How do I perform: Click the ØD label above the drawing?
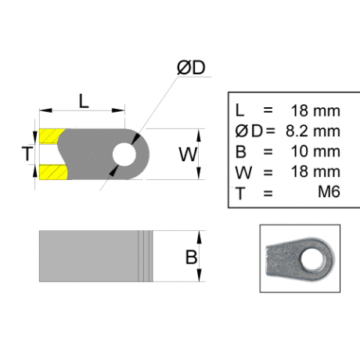coord(191,68)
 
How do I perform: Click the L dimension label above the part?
coord(84,101)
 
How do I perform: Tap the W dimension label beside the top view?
coord(188,154)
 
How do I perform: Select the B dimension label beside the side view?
coord(191,257)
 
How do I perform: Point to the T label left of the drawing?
coord(27,153)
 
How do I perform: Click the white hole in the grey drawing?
coord(124,154)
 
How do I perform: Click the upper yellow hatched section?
coord(52,136)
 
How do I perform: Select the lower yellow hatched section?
coord(53,172)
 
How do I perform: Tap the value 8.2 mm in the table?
coord(313,131)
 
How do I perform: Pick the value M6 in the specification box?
coord(329,192)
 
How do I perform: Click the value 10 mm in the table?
coord(315,151)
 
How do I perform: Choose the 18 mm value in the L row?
coord(315,110)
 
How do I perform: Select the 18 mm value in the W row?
coord(315,171)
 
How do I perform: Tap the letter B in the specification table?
coord(240,152)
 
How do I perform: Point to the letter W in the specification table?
coord(243,172)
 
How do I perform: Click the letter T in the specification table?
coord(240,193)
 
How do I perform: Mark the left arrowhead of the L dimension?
coord(45,110)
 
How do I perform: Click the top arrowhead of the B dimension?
coord(200,237)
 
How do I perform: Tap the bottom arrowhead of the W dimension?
coord(199,173)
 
